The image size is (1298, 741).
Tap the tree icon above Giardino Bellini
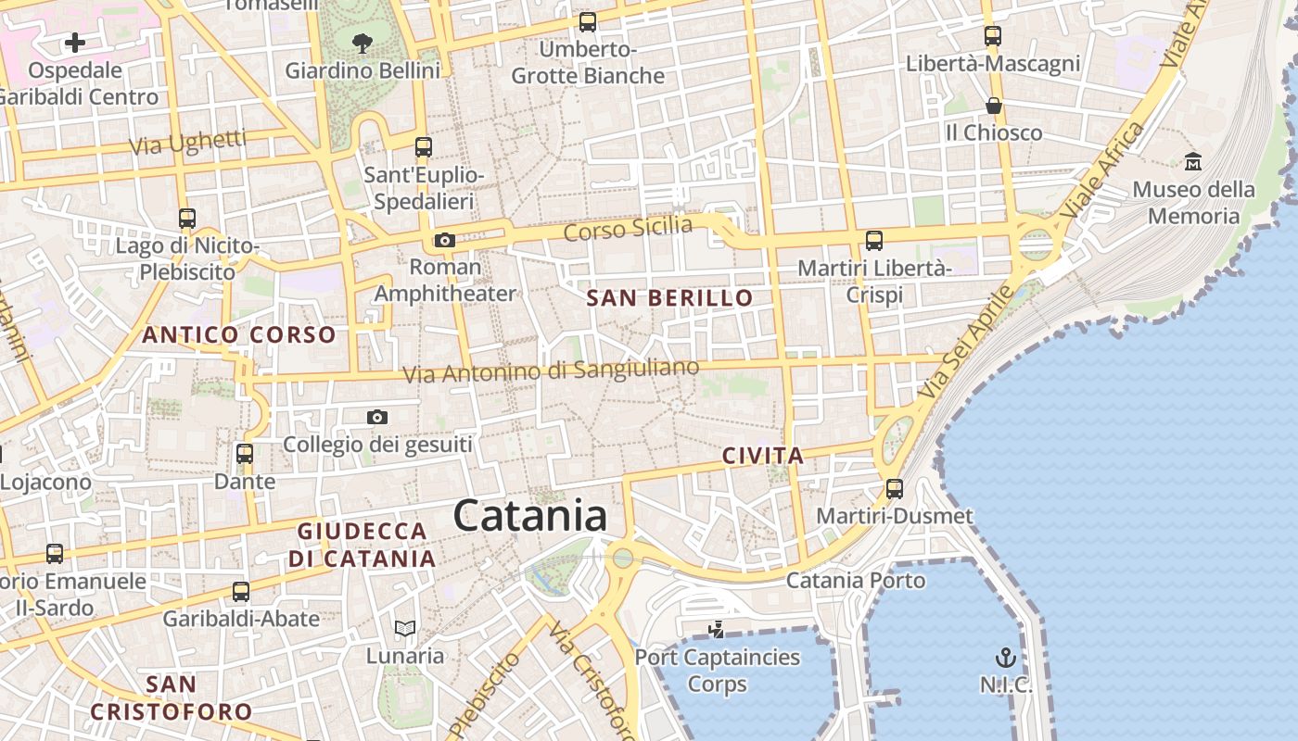tap(363, 42)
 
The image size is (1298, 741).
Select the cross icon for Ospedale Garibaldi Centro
tap(75, 42)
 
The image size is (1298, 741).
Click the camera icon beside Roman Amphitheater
tap(445, 241)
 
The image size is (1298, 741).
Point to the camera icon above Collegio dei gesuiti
tap(376, 417)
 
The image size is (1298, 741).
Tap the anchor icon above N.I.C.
tap(1006, 658)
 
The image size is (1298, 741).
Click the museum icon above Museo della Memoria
tap(1193, 161)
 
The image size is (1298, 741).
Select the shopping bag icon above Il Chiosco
tap(994, 105)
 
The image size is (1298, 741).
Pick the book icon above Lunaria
tap(405, 628)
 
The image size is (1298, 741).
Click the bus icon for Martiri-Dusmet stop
tap(895, 488)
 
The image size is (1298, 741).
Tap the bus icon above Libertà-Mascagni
tap(993, 36)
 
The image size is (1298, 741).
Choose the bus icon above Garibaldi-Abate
tap(241, 591)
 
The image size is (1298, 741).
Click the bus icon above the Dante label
tap(245, 454)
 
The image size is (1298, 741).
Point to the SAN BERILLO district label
tap(669, 298)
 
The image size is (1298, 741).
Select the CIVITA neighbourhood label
tap(762, 456)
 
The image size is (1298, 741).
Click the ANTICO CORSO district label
tap(238, 335)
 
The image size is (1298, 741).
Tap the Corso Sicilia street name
tap(628, 228)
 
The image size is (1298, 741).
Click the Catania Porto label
tap(855, 581)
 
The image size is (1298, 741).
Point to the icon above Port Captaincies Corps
tap(716, 631)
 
